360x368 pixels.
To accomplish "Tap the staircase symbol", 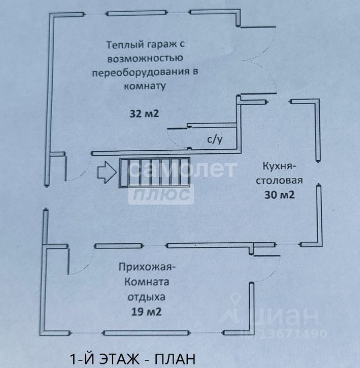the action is (x=154, y=174).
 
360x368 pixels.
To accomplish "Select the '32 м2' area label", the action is (x=144, y=113).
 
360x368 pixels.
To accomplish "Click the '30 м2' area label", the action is (x=280, y=194).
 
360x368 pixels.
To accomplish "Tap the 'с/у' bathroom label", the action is (x=214, y=139).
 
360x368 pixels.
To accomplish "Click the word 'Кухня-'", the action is (x=280, y=167).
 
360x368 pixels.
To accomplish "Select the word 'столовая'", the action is (x=279, y=180).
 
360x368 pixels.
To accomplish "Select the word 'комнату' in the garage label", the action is (x=145, y=86).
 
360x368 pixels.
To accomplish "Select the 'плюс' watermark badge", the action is (x=161, y=195).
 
